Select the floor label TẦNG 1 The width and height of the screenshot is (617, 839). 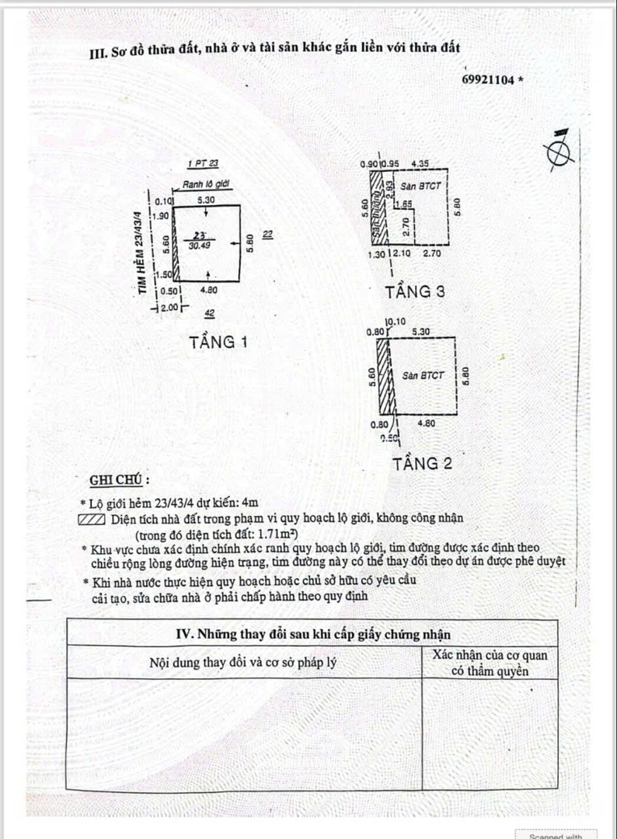(219, 342)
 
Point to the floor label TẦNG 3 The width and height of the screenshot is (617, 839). (416, 293)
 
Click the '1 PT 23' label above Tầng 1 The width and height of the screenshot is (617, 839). (204, 163)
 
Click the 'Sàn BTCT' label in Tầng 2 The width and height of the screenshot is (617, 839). (424, 376)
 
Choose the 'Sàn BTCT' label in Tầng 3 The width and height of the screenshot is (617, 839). (420, 187)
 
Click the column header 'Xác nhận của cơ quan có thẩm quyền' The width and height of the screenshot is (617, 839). (490, 663)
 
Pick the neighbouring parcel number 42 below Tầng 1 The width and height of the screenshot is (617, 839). (210, 314)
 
